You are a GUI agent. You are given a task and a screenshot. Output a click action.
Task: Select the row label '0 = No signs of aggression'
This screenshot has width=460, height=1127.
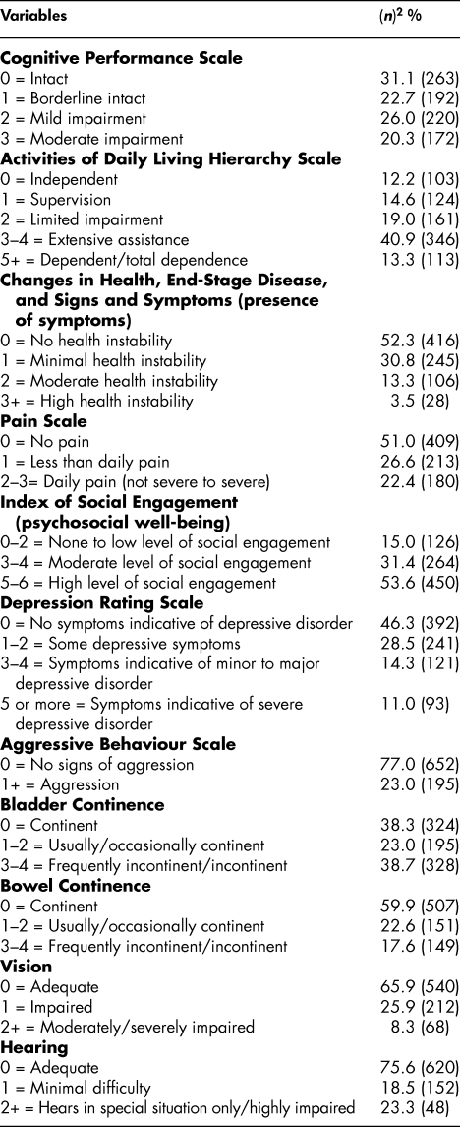[87, 718]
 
